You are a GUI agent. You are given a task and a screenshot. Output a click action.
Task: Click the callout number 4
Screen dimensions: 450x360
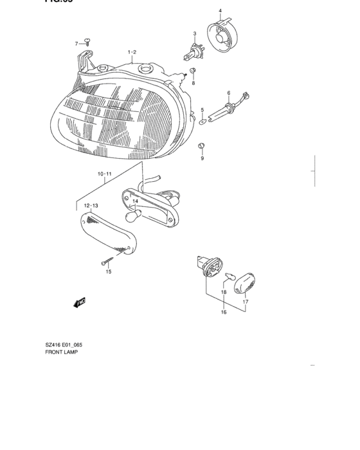[x=219, y=11]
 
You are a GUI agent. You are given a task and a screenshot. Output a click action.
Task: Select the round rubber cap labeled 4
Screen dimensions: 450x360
[x=221, y=36]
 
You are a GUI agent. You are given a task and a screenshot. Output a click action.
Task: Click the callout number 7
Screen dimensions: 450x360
[x=76, y=43]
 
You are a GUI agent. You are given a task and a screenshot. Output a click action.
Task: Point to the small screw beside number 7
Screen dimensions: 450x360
[x=89, y=42]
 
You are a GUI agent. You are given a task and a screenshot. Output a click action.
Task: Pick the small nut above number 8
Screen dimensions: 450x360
[x=192, y=70]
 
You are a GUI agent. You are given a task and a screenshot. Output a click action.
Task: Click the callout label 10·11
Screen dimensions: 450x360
[x=105, y=174]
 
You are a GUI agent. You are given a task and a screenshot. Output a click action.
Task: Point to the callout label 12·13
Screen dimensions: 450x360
[x=91, y=205]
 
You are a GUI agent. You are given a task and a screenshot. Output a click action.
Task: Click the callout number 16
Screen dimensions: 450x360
[x=224, y=312]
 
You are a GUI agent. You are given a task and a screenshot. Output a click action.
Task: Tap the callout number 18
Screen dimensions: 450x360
[x=224, y=292]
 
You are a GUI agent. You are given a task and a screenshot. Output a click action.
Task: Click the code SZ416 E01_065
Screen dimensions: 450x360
[x=67, y=345]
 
